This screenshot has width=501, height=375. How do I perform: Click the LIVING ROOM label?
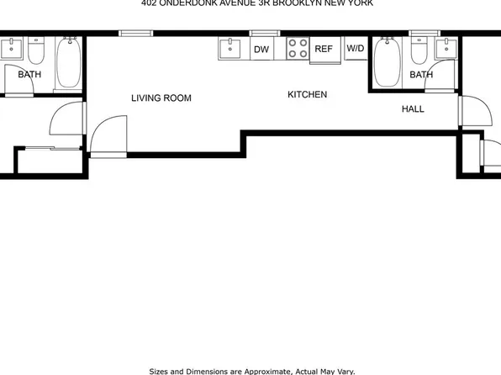coord(161,98)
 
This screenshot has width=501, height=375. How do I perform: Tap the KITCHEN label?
coord(308,95)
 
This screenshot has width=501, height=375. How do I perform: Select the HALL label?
coord(413,109)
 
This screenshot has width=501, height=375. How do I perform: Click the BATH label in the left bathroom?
coord(29,75)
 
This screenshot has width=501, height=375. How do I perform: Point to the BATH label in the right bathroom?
coord(421,75)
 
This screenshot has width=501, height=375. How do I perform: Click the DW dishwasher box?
coord(261,50)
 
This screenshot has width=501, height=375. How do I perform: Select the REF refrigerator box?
coord(324,50)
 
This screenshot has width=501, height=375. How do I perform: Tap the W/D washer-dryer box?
coord(356,49)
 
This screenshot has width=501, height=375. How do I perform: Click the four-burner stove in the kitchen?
coord(297,49)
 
